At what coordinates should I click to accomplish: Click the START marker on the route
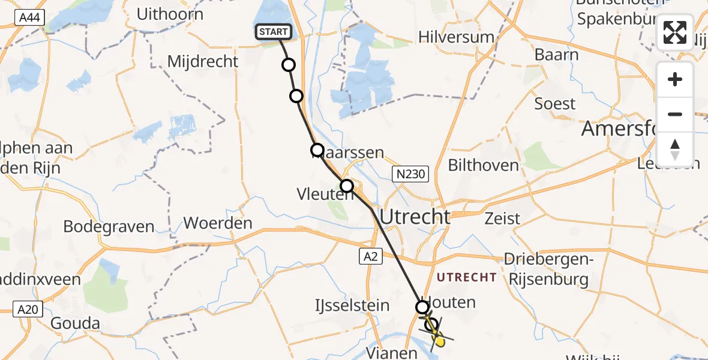point(274,32)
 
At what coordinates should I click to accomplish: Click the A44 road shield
point(28,19)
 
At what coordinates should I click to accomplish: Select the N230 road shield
point(410,175)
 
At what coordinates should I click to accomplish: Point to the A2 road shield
point(370,257)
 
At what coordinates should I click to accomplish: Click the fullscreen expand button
point(675,32)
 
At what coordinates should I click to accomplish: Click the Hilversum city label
point(457,37)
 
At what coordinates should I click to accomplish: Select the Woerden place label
point(218,223)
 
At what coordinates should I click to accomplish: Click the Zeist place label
point(503,218)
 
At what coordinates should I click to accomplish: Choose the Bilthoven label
point(483,165)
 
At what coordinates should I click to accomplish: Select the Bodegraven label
point(109,227)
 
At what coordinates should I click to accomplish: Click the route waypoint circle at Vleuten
point(347,186)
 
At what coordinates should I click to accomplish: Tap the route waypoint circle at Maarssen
point(317,149)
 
